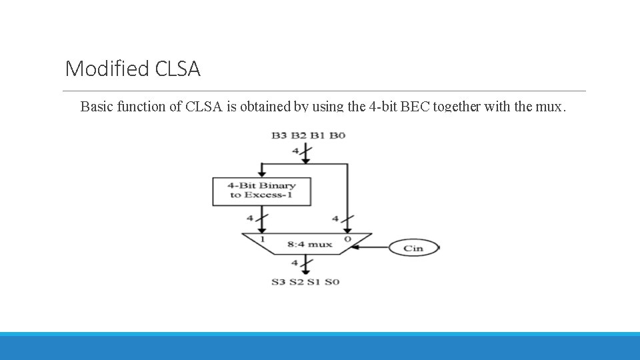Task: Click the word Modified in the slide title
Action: click(107, 69)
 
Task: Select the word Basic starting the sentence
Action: click(97, 106)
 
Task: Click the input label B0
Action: click(338, 136)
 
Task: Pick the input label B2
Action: click(299, 136)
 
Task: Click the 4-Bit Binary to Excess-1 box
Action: click(261, 191)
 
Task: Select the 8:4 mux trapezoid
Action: click(306, 244)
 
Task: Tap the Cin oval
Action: click(413, 248)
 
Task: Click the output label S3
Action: click(279, 282)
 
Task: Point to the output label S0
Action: click(332, 282)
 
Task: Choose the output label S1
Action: click(314, 282)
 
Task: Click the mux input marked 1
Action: click(263, 239)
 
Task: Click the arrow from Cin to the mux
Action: click(370, 248)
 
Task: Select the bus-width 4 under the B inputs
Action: click(295, 151)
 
